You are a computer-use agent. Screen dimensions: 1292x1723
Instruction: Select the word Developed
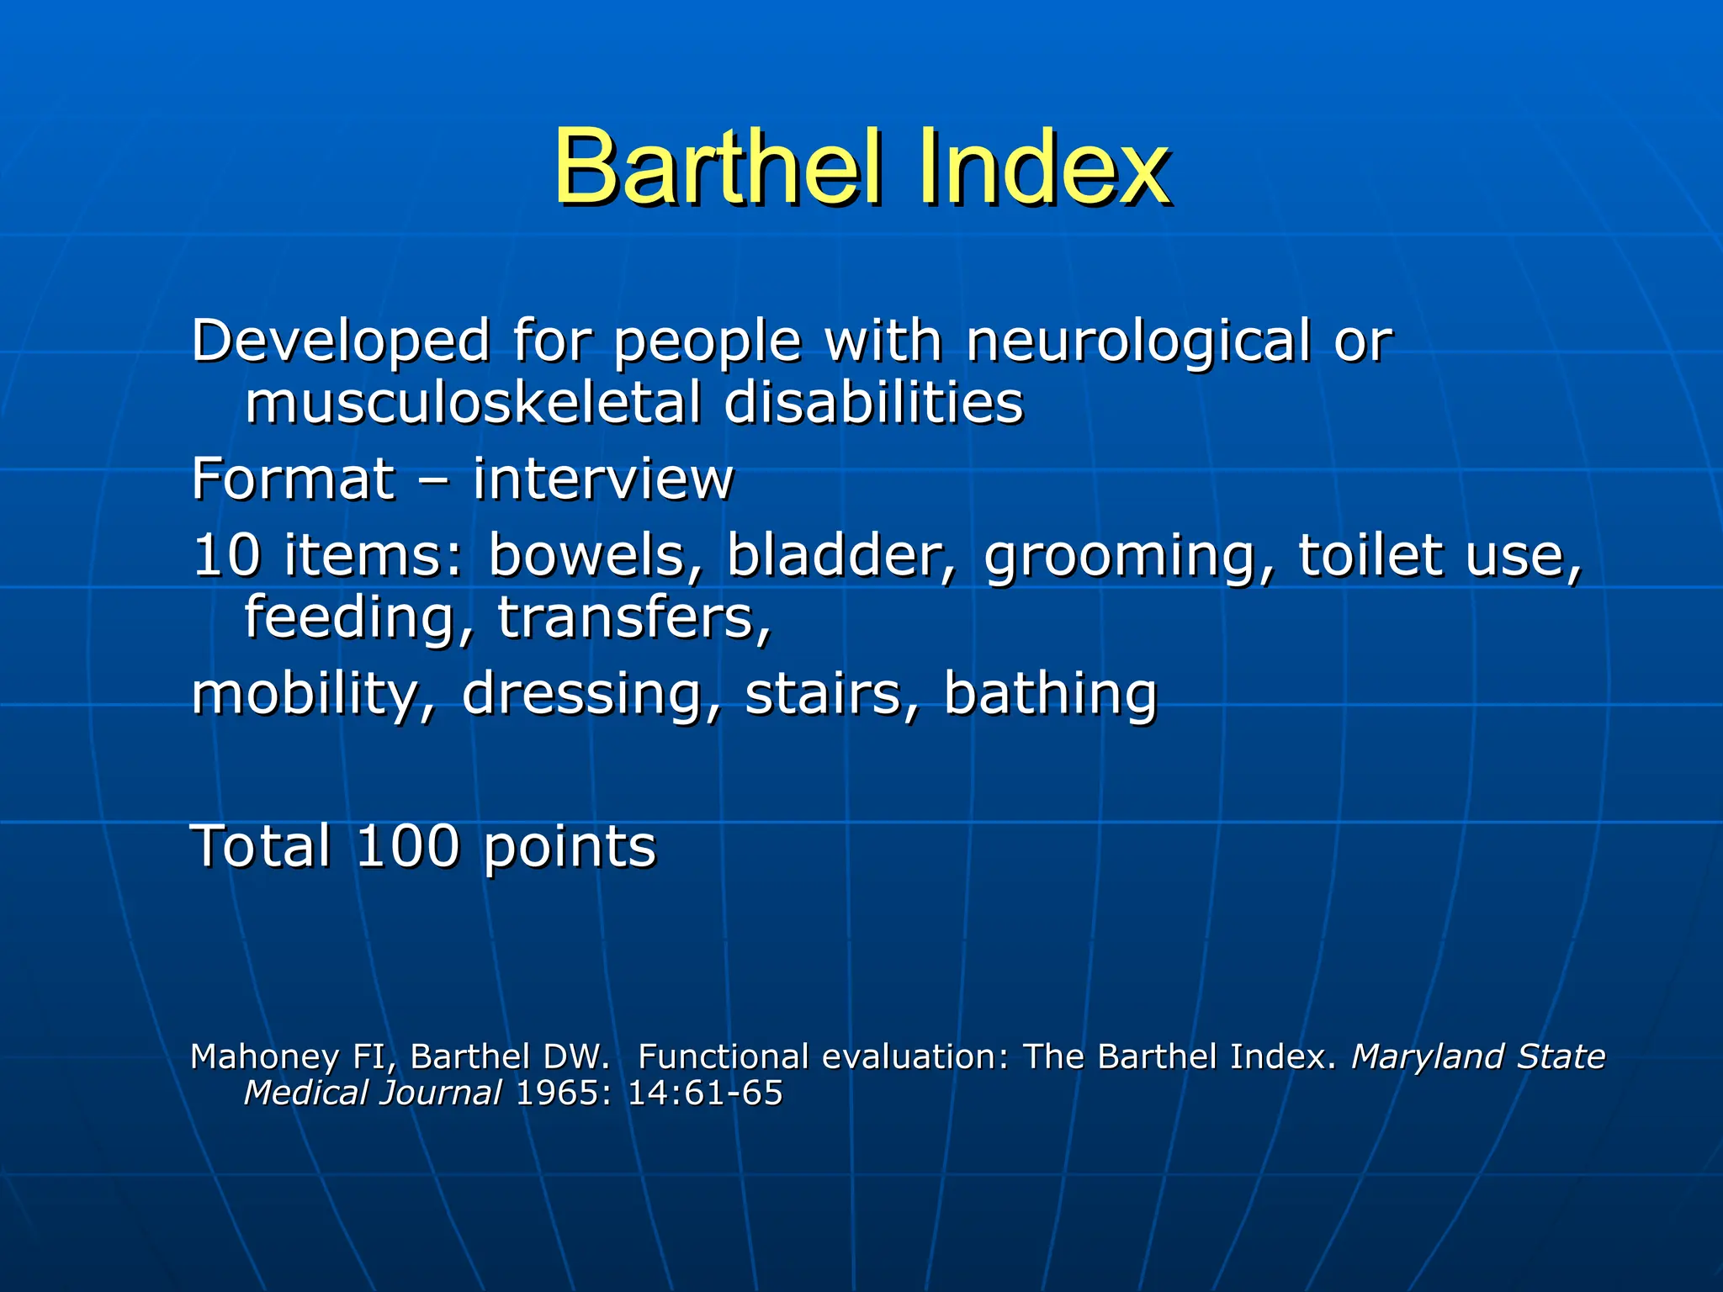341,342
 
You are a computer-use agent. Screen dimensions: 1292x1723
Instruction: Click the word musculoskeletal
473,402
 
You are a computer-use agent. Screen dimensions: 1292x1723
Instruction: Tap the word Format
293,479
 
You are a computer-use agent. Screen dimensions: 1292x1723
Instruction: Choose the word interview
602,479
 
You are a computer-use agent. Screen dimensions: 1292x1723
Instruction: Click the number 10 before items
226,555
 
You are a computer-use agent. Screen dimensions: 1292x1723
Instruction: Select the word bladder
840,555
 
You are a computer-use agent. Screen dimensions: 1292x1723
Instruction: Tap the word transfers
634,617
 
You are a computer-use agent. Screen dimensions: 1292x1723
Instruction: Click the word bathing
1050,695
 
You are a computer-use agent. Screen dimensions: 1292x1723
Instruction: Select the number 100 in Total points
408,846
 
